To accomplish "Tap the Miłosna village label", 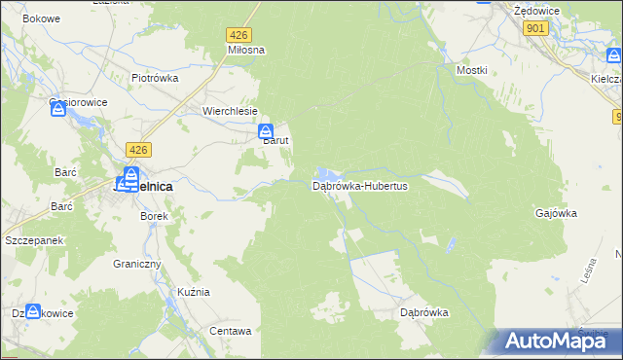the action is [x=246, y=50].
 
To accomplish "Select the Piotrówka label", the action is [x=154, y=77].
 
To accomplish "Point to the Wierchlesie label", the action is [x=230, y=111].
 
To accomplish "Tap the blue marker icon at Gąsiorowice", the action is [x=57, y=110].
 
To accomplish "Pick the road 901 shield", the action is [x=534, y=29].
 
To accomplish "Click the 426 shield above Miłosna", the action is [x=239, y=34].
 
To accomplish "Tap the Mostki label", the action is [x=471, y=71].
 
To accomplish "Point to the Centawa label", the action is [x=231, y=331].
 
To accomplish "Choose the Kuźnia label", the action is [x=194, y=292].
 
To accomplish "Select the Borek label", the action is [x=155, y=216].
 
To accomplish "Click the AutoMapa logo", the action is [x=558, y=341].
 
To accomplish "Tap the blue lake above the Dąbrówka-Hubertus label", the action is [x=331, y=172].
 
